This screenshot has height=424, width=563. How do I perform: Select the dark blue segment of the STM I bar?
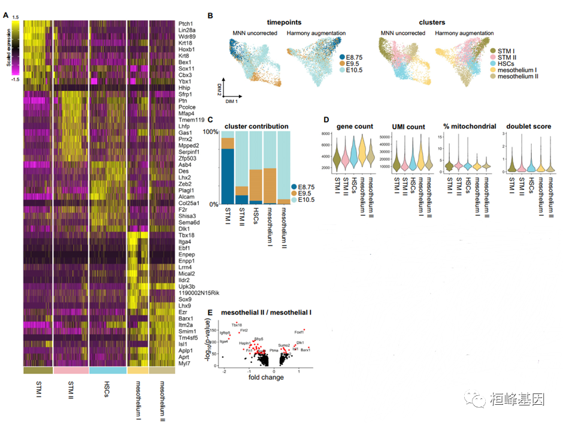[227, 176]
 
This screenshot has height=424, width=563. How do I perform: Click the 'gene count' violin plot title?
[355, 126]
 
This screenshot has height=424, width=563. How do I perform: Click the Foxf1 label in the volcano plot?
[299, 331]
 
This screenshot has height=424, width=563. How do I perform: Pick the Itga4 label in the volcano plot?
[224, 341]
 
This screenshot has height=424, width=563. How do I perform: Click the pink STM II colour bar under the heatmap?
[71, 371]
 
